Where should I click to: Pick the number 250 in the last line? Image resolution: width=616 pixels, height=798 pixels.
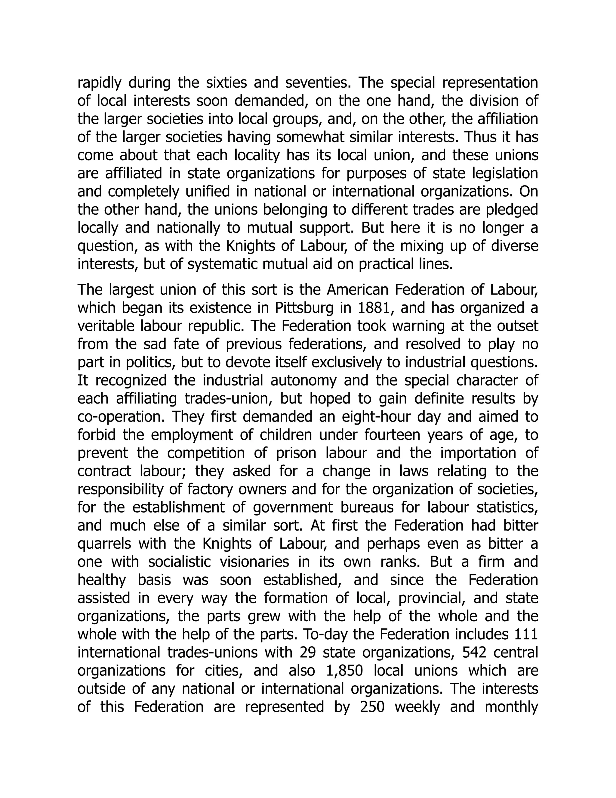coord(372,707)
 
